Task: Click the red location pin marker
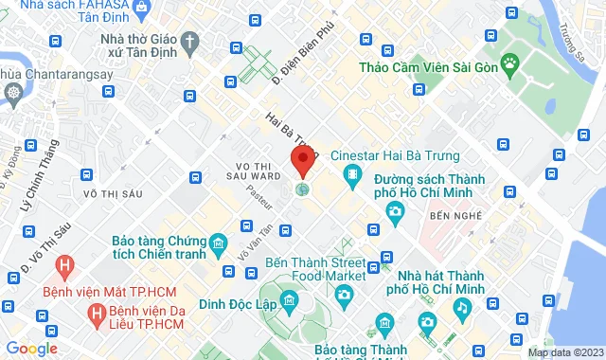pos(303,162)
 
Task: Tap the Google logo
pos(30,349)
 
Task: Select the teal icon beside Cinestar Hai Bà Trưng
pos(353,174)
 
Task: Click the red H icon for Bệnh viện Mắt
pos(64,267)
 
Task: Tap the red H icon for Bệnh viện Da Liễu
pos(95,312)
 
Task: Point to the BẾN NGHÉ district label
pos(450,217)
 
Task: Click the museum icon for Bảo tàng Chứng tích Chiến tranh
pos(218,248)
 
